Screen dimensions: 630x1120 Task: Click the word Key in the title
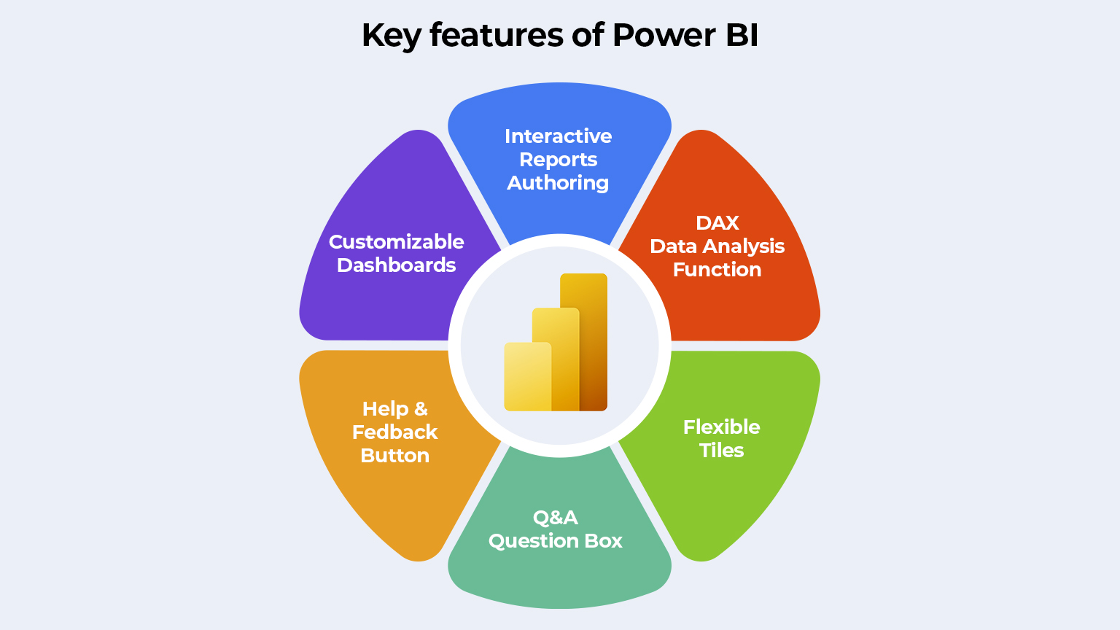[x=391, y=35]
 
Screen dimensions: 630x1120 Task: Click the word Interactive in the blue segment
[x=558, y=136]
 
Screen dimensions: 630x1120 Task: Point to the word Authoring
[x=558, y=183]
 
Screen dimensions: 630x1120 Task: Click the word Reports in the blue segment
[x=558, y=160]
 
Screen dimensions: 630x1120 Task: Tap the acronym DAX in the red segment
[x=717, y=223]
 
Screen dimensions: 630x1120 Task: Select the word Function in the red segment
[x=717, y=270]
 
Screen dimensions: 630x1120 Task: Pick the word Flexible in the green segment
[x=721, y=427]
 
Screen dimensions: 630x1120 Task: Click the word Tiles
[x=721, y=451]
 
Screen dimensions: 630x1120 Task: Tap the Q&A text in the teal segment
[x=556, y=518]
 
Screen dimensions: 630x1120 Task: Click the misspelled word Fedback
[x=394, y=432]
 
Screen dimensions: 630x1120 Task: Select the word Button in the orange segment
[x=394, y=456]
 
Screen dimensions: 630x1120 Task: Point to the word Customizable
[x=396, y=242]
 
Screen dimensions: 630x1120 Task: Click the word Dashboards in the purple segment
[x=396, y=265]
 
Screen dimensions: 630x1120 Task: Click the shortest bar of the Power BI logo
[x=526, y=376]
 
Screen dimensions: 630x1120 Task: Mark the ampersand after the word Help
[x=421, y=409]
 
